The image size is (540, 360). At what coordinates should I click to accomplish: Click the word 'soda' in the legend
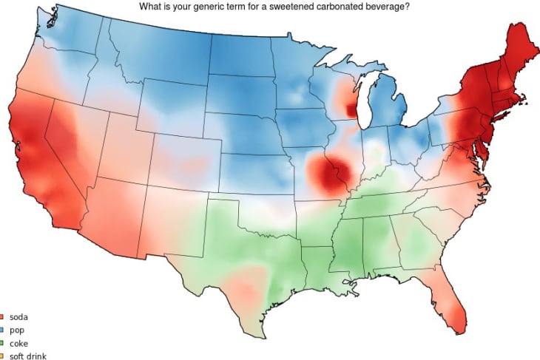18,317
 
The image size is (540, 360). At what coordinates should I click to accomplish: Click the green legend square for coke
2,343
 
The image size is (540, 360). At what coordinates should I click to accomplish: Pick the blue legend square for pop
2,330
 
